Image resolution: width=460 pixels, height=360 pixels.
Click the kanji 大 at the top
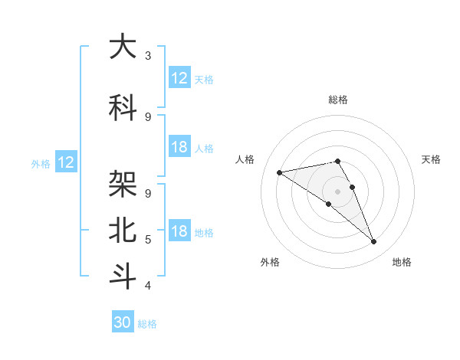pos(123,47)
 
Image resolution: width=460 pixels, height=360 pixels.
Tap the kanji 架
pos(123,184)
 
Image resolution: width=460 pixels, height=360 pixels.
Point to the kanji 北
pos(123,229)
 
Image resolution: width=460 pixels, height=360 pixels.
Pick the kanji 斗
pos(123,275)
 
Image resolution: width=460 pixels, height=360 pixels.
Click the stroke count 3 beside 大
pos(148,56)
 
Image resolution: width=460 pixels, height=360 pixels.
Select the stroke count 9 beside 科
pos(148,116)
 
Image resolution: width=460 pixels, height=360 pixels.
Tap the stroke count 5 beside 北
pos(148,240)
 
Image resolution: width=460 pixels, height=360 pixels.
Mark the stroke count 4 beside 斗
pos(148,286)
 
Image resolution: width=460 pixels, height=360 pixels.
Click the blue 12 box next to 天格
pos(179,77)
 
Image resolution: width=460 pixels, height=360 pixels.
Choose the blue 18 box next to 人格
pos(179,147)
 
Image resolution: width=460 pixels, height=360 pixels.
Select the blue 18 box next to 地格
pos(179,231)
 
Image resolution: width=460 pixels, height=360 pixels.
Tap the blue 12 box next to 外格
pos(66,162)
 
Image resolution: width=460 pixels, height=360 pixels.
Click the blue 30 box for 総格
pos(123,322)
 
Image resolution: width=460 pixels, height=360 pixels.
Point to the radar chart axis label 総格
pos(337,100)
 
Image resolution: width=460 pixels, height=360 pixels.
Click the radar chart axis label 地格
pos(402,262)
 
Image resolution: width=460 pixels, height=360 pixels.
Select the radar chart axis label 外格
pos(270,262)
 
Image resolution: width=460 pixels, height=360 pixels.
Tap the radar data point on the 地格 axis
pos(373,242)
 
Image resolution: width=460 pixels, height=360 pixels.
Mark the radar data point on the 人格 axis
pos(279,172)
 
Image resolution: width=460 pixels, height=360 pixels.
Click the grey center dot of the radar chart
pos(337,191)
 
